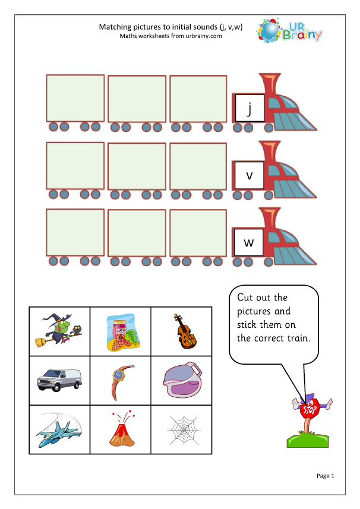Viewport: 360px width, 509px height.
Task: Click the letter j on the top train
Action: (250, 108)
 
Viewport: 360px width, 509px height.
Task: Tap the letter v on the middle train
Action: (250, 175)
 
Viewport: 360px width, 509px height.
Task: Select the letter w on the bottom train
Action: (250, 242)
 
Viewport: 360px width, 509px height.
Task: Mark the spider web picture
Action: (181, 429)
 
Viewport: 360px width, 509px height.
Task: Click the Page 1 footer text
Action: (326, 476)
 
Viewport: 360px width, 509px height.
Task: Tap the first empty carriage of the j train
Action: (75, 98)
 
